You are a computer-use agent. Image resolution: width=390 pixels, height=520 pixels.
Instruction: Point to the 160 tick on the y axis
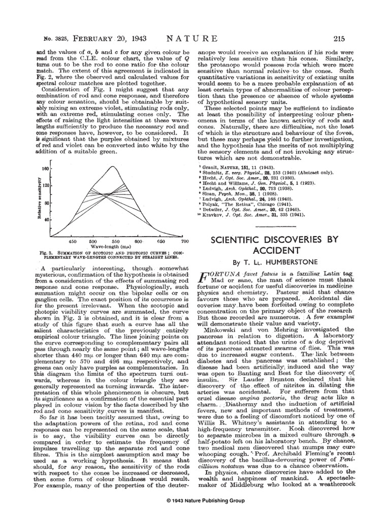tap(44, 168)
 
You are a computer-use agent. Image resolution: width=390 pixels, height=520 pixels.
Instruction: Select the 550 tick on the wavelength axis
tap(115, 241)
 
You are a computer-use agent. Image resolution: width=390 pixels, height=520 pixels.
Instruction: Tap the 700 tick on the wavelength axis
tap(184, 241)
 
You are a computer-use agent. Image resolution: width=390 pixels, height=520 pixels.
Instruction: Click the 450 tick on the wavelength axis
tap(73, 241)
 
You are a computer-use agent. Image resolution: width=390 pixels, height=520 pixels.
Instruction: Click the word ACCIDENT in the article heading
tap(274, 250)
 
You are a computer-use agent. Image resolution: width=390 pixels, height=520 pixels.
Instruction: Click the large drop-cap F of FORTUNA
tap(201, 277)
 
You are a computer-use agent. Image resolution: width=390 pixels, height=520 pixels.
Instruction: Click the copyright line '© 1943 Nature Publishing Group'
tap(195, 501)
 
